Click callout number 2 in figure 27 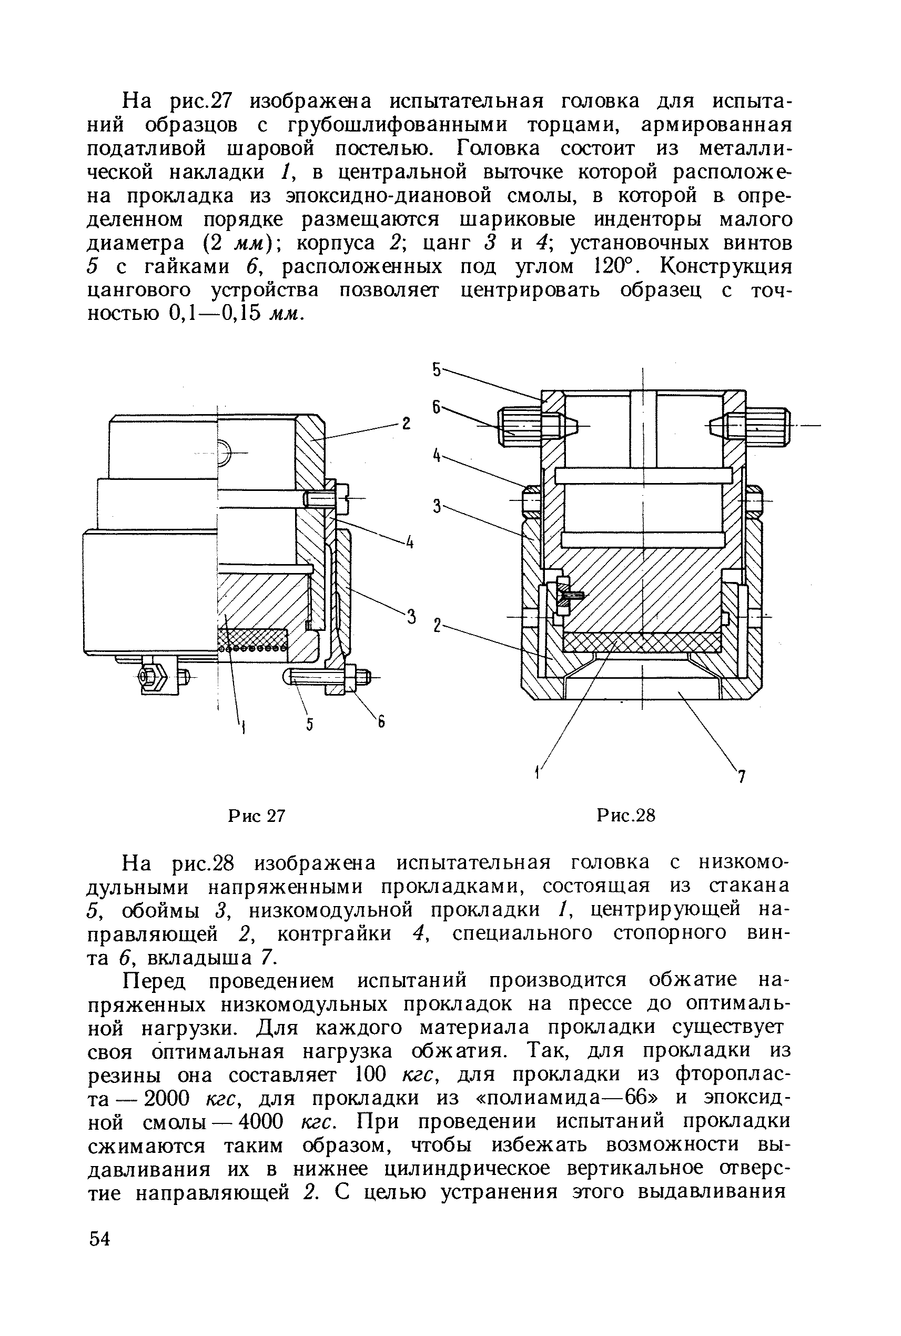tap(406, 424)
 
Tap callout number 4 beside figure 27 tap(410, 542)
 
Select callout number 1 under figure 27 tap(244, 729)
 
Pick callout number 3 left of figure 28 tap(437, 507)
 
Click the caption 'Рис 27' tap(256, 816)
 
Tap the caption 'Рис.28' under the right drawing tap(626, 816)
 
